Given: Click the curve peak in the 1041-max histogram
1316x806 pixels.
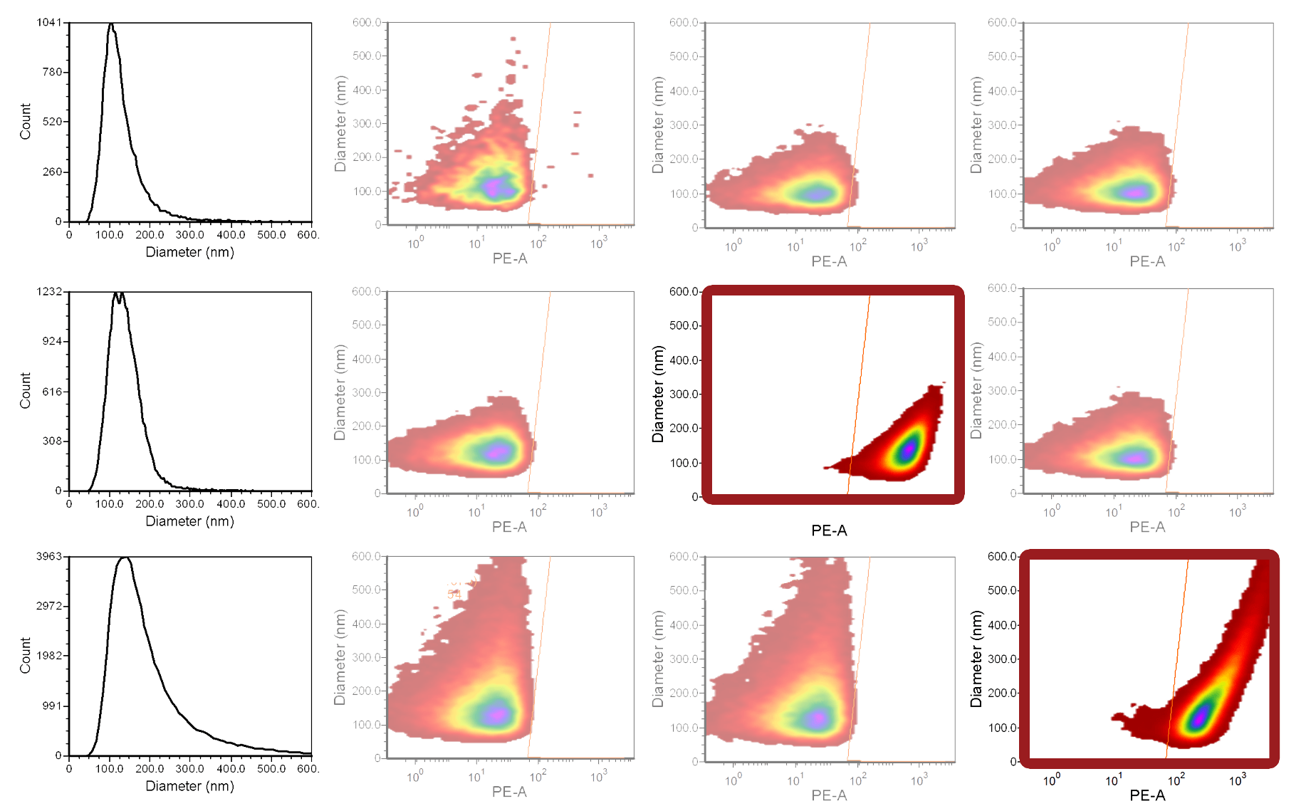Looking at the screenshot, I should click(x=110, y=25).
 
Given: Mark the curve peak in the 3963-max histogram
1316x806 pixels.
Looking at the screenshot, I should click(x=125, y=559).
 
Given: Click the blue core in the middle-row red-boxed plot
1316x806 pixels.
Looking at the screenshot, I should click(x=909, y=449).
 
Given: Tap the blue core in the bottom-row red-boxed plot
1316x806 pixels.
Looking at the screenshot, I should click(x=1200, y=716).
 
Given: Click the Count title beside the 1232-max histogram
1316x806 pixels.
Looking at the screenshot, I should click(x=26, y=390).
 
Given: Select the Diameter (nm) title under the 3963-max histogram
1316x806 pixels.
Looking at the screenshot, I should click(x=189, y=786).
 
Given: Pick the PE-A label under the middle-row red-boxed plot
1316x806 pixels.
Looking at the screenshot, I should click(x=829, y=530).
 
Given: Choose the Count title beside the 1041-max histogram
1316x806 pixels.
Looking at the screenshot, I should click(x=26, y=121).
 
